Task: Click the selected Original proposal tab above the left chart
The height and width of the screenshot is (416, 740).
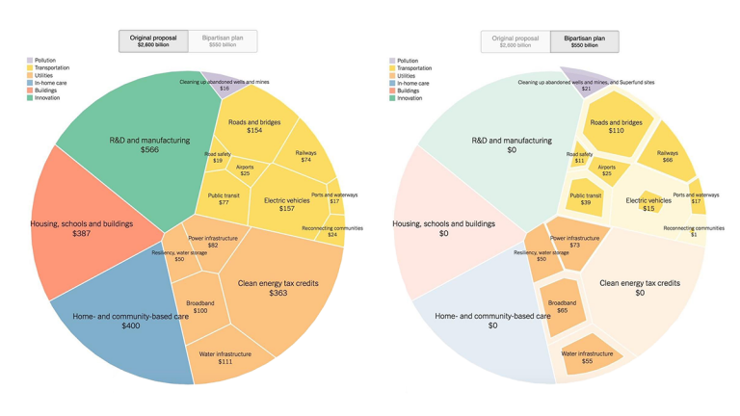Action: click(153, 41)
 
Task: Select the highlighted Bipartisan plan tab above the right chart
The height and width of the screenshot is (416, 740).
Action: click(585, 41)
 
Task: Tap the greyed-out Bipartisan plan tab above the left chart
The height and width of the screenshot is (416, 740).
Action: click(223, 41)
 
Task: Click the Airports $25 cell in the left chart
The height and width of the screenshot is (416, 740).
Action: click(245, 170)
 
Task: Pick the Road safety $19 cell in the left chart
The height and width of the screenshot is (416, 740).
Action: click(218, 157)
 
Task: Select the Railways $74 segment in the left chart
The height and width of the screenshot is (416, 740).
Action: click(305, 156)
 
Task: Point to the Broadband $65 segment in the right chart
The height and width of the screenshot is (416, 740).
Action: click(562, 306)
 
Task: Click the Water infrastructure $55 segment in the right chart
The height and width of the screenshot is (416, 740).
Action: click(588, 357)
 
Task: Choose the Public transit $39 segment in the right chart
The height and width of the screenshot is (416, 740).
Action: click(585, 199)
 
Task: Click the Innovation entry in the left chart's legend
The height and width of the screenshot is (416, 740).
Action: click(46, 97)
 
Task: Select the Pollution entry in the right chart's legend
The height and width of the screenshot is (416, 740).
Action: click(408, 61)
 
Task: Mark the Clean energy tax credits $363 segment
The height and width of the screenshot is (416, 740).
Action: click(277, 287)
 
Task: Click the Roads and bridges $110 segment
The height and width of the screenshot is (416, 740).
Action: click(616, 126)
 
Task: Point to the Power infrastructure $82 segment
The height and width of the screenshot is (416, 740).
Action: click(213, 241)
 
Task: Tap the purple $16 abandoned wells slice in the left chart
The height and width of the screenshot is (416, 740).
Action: click(224, 84)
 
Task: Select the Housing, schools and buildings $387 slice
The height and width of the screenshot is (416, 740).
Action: click(82, 228)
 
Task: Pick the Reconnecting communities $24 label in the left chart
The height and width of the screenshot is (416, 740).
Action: click(332, 232)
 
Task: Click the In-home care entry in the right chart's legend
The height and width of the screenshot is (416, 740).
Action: click(413, 83)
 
